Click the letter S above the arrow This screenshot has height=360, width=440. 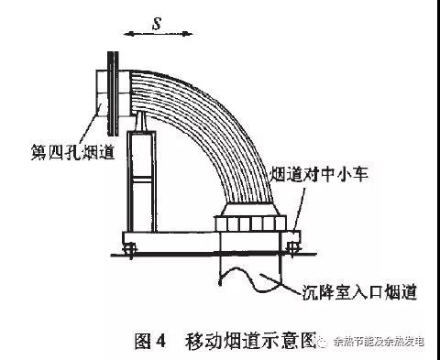[x=157, y=23]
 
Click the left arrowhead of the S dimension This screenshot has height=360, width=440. [x=126, y=34]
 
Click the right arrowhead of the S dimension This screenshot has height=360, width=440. [x=190, y=34]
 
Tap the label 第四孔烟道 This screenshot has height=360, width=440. [x=72, y=152]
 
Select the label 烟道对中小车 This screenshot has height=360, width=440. [x=319, y=174]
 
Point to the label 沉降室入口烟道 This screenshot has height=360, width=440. [x=359, y=292]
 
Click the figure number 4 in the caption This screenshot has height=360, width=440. [x=160, y=341]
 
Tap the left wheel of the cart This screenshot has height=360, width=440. [x=130, y=248]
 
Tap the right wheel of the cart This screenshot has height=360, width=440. [x=292, y=248]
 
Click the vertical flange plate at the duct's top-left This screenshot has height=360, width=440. [x=113, y=93]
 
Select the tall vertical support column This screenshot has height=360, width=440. [x=142, y=181]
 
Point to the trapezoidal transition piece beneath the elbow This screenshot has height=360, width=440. [x=250, y=210]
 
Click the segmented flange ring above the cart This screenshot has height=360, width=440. [x=250, y=224]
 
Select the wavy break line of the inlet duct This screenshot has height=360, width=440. [x=249, y=278]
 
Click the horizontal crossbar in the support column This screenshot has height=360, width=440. [x=142, y=179]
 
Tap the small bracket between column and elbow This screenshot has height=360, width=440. [x=142, y=121]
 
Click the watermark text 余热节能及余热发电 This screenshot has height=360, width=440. [x=379, y=342]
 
